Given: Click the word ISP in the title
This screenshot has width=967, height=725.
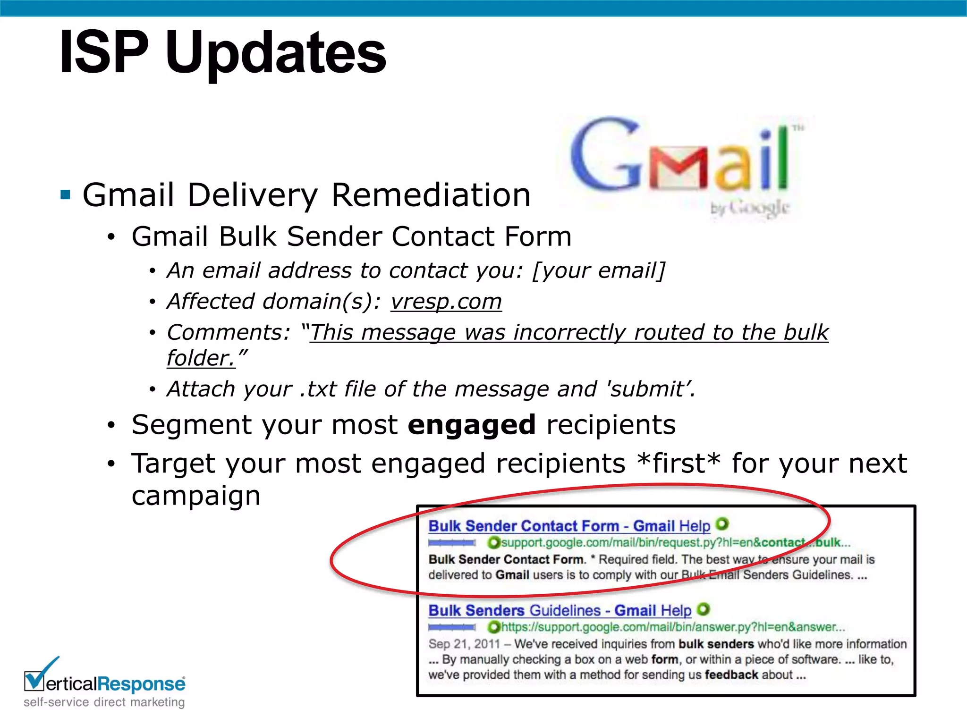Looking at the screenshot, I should [x=104, y=52].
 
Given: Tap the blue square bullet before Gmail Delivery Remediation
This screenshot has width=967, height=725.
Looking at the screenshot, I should [x=65, y=194].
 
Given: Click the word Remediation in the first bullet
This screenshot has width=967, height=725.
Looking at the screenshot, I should [x=431, y=194].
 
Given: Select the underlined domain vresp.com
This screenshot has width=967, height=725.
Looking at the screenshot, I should [x=446, y=301].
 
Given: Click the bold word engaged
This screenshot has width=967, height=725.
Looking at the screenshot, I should [x=471, y=424].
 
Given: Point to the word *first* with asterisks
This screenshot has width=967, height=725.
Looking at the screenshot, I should [x=678, y=463].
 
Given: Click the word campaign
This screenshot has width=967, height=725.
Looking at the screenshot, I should [x=196, y=496].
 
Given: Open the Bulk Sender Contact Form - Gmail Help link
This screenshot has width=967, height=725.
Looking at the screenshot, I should [x=569, y=526].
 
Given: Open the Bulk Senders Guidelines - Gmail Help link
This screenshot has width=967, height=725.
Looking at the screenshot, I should [x=560, y=610].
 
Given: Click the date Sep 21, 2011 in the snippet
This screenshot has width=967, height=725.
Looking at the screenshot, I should [x=464, y=644].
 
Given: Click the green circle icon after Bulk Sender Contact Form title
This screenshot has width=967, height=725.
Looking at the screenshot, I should [x=722, y=524].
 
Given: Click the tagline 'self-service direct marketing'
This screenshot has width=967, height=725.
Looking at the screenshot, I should [x=104, y=702].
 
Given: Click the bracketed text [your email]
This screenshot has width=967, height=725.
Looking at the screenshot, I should [x=599, y=270].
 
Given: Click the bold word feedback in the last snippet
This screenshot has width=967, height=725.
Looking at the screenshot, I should [x=731, y=675].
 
